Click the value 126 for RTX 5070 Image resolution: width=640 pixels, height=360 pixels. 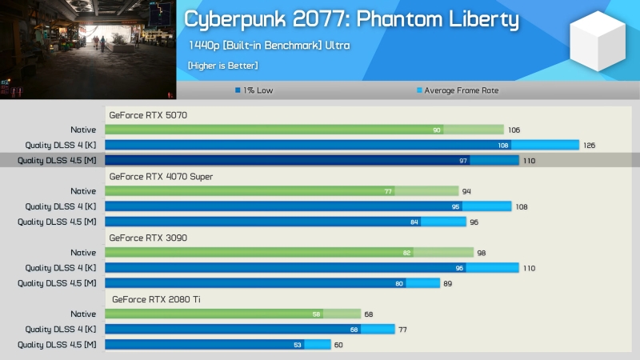pyautogui.click(x=589, y=146)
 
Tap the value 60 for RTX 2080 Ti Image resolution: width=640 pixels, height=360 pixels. pyautogui.click(x=338, y=345)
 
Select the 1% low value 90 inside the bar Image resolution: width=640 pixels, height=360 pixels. pyautogui.click(x=437, y=130)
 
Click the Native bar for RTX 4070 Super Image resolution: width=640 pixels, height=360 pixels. pyautogui.click(x=282, y=191)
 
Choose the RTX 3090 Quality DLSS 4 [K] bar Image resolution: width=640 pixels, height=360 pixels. pyautogui.click(x=312, y=268)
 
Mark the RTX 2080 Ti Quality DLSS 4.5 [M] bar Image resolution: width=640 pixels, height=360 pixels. pyautogui.click(x=218, y=345)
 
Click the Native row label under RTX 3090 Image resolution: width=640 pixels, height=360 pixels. pyautogui.click(x=83, y=253)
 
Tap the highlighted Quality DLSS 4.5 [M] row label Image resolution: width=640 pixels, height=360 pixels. pyautogui.click(x=57, y=161)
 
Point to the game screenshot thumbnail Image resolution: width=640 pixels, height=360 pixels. pyautogui.click(x=88, y=50)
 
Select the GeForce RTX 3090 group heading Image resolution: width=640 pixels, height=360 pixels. pyautogui.click(x=148, y=238)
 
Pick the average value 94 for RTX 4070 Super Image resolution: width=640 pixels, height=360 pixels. pyautogui.click(x=466, y=191)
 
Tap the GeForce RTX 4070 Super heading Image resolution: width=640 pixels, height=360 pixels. pyautogui.click(x=161, y=176)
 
